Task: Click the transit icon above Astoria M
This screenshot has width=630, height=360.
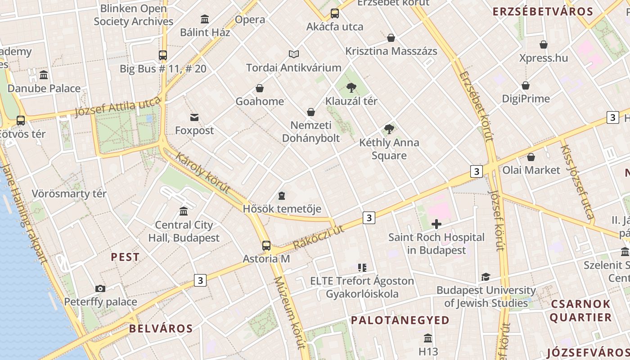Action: coord(266,246)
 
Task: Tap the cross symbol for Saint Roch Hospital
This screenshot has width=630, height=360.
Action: coord(436,224)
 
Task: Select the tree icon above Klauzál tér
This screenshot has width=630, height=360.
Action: coord(351,88)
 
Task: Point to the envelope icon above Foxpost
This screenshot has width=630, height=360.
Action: coord(194,117)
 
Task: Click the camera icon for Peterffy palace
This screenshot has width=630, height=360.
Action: coord(100,288)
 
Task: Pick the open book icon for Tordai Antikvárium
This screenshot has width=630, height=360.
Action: coord(294,54)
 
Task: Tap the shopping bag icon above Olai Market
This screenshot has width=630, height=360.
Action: coord(531,157)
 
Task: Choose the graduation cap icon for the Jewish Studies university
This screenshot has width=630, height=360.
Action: coord(486,277)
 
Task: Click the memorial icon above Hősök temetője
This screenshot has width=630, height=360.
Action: coord(282,196)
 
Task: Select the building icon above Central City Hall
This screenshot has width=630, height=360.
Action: coord(184,211)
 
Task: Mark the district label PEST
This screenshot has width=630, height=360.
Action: coord(125,257)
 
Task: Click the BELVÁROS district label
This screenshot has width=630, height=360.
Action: coord(161,328)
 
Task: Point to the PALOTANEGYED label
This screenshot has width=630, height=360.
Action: coord(400,320)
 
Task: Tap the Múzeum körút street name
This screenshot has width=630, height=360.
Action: coord(290,312)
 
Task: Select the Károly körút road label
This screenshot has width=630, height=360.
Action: coord(202,173)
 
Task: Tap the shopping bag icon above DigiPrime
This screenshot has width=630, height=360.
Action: coord(525,85)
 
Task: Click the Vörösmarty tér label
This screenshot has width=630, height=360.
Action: coord(69,194)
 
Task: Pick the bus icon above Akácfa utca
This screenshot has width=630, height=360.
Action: coord(334,13)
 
